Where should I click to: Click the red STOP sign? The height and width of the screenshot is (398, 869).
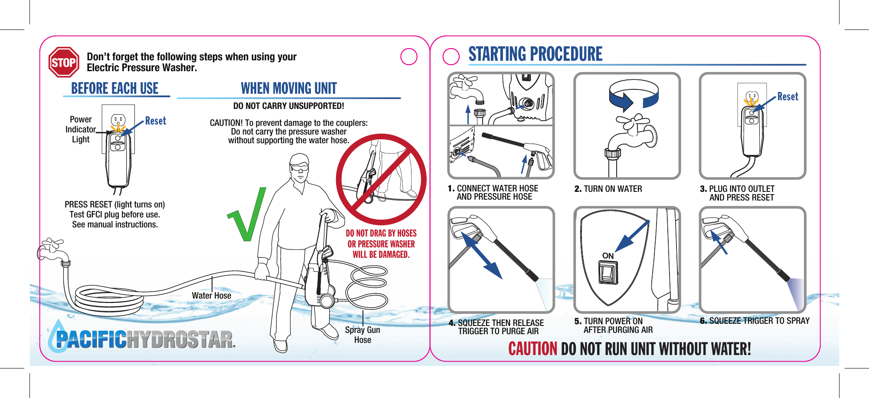click(64, 62)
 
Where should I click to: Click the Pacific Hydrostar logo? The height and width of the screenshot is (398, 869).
click(141, 337)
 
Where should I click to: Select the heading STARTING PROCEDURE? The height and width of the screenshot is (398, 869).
click(535, 54)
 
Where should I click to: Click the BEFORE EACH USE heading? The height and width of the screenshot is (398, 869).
click(115, 88)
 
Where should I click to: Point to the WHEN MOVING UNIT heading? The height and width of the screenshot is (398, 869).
click(289, 88)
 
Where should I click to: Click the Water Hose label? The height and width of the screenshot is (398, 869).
click(212, 296)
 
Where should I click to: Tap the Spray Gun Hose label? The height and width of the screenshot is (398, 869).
click(363, 335)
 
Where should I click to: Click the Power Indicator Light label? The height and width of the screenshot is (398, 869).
click(81, 129)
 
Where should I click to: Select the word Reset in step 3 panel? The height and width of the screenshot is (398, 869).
click(787, 96)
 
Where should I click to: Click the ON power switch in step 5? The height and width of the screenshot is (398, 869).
click(608, 273)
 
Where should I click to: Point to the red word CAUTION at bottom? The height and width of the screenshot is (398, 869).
click(533, 349)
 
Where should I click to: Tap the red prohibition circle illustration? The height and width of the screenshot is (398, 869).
click(381, 179)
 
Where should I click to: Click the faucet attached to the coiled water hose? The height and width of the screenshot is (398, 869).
click(54, 252)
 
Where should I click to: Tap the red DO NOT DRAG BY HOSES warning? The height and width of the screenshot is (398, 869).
click(381, 244)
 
